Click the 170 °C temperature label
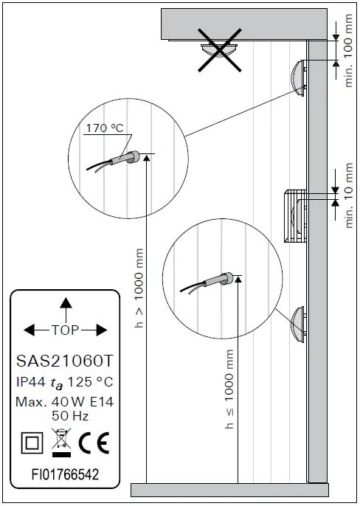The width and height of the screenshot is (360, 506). (105, 128)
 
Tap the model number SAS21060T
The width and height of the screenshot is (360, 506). (65, 361)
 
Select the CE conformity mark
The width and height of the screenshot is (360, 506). (94, 443)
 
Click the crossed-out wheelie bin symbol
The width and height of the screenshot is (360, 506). (61, 443)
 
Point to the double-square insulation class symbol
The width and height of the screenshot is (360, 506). (32, 443)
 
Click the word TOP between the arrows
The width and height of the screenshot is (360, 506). (65, 330)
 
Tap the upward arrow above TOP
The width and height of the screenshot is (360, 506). (66, 310)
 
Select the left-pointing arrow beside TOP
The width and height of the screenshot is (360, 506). (37, 330)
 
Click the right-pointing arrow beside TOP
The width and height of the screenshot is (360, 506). (94, 330)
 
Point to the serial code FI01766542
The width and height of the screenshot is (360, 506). (65, 474)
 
